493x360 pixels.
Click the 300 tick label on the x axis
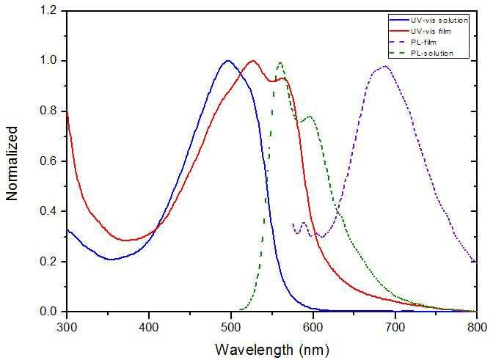click(x=67, y=326)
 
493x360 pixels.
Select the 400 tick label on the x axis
click(x=149, y=326)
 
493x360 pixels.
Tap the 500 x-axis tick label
click(x=231, y=326)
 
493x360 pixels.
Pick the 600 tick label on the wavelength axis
click(x=313, y=326)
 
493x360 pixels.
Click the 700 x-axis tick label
click(x=395, y=326)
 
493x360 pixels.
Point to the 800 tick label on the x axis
click(x=476, y=326)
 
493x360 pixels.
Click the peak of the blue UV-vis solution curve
click(x=228, y=61)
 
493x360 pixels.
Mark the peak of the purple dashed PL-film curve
click(x=384, y=67)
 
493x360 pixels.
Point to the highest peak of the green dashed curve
click(x=280, y=62)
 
